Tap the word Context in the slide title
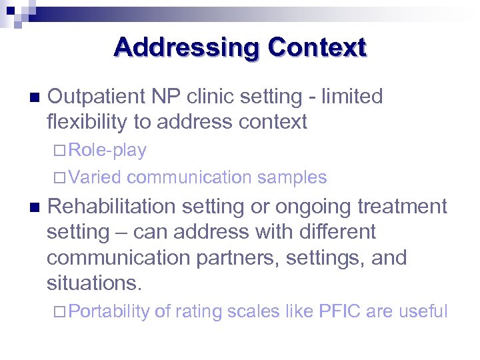click(x=317, y=48)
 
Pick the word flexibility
click(x=83, y=122)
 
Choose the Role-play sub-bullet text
click(x=107, y=151)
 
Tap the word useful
click(x=423, y=311)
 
